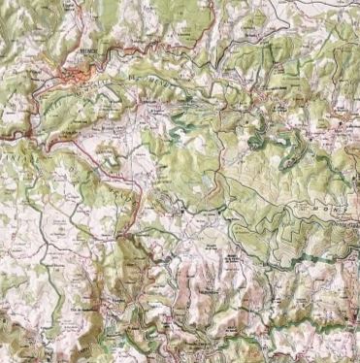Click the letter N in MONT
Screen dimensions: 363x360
click(336, 207)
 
